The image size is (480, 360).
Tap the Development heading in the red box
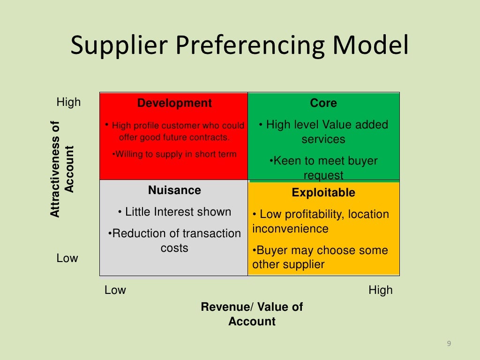(174, 103)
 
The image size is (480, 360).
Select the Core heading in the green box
(323, 103)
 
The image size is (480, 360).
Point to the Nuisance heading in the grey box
(174, 190)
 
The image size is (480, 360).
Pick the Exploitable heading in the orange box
(323, 193)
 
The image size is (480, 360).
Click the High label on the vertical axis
(68, 102)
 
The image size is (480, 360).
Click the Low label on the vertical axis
(67, 258)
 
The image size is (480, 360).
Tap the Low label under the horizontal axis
(115, 290)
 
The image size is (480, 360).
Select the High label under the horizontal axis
(381, 290)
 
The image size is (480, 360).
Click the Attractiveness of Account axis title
(62, 169)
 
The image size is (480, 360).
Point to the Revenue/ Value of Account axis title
(252, 314)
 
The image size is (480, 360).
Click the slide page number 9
(449, 344)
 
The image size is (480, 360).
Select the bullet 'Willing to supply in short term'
(175, 154)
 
